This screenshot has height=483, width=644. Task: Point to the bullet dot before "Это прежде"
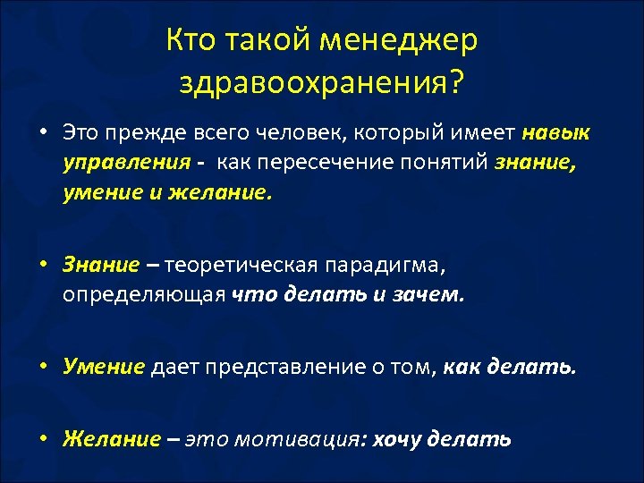coord(43,135)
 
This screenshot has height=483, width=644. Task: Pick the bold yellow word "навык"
coord(555,134)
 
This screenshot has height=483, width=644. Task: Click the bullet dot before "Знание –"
coord(43,266)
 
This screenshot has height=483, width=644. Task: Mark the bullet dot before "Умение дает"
coord(43,367)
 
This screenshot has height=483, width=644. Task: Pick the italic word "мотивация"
coord(300,439)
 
